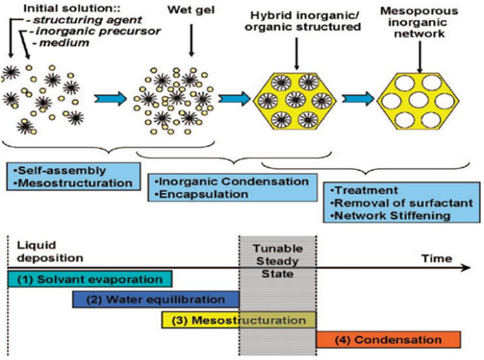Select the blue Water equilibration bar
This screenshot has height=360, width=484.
tap(156, 299)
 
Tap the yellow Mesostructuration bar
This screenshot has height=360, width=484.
tap(239, 320)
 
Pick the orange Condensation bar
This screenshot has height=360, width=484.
tap(388, 340)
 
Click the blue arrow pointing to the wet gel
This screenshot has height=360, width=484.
tap(110, 98)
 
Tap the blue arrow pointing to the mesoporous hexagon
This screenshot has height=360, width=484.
tap(359, 98)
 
